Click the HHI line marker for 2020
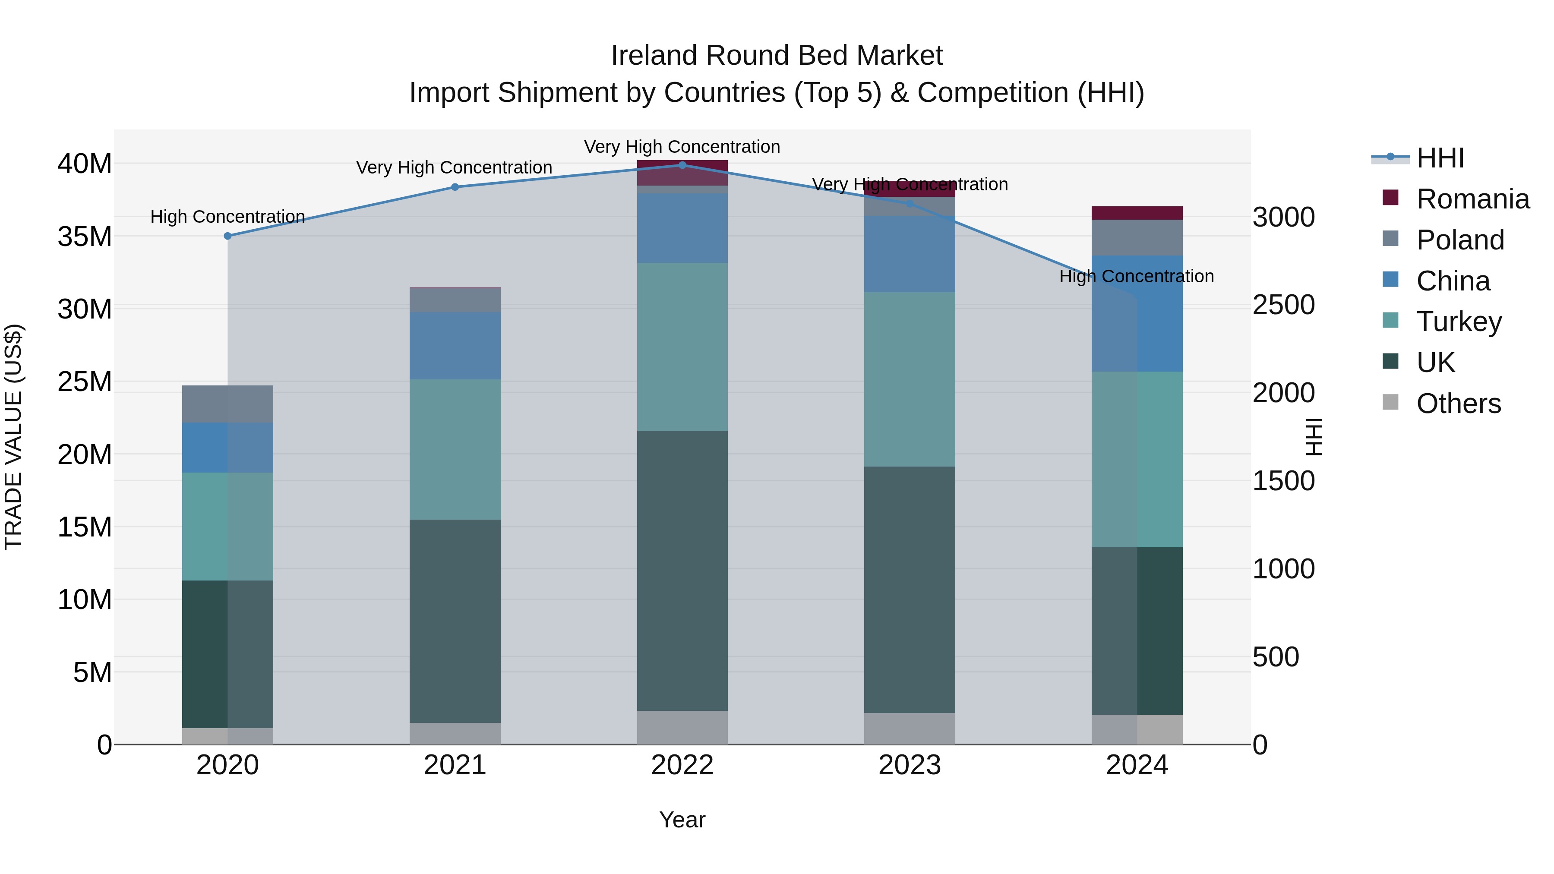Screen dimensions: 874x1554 point(227,236)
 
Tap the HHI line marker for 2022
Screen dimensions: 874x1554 point(682,165)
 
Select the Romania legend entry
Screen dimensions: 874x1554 point(1472,199)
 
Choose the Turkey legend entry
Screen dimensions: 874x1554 point(1459,322)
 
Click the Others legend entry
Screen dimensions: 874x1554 point(1458,404)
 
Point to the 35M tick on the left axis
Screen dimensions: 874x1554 point(85,237)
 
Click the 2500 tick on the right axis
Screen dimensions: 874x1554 point(1283,305)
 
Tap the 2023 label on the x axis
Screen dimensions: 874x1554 point(909,765)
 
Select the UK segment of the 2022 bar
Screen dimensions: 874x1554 point(682,570)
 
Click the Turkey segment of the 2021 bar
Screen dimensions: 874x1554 point(455,449)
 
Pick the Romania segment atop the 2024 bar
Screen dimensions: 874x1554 point(1137,213)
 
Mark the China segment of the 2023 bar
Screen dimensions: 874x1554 point(909,254)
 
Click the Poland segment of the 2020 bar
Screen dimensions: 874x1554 point(227,404)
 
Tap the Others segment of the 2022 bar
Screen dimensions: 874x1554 point(682,727)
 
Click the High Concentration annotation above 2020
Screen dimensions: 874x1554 point(227,217)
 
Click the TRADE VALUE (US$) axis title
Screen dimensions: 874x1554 point(13,437)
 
